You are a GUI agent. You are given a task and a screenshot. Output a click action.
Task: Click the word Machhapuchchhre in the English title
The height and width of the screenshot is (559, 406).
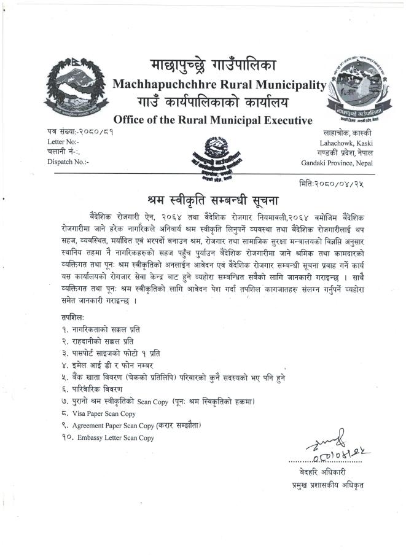(x=157, y=85)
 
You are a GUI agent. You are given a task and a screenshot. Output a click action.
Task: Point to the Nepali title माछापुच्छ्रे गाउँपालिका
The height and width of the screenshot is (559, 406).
(x=213, y=65)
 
